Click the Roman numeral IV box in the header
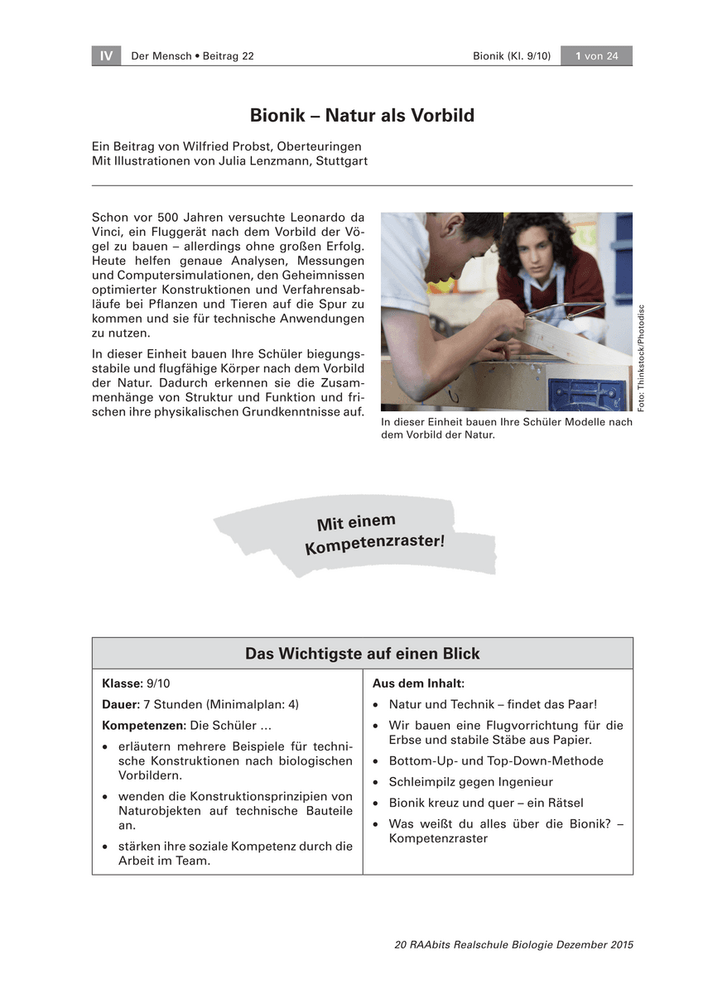click(106, 55)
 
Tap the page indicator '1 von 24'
click(596, 55)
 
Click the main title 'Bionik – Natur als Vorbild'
click(362, 115)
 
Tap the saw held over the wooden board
click(567, 313)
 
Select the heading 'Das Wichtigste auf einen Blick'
click(362, 654)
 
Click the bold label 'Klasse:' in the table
click(123, 684)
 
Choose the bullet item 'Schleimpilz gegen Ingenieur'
click(470, 782)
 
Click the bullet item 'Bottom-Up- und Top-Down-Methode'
click(496, 761)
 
